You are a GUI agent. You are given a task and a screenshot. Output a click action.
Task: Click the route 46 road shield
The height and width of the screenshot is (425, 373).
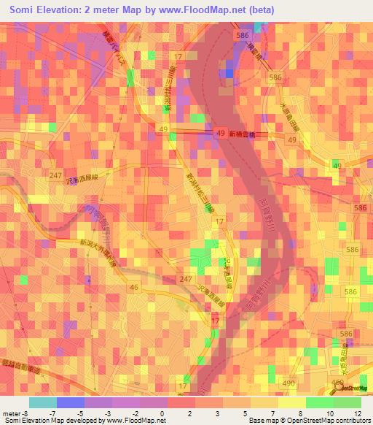click(134, 288)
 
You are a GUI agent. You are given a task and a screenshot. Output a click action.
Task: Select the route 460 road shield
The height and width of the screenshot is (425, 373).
click(337, 382)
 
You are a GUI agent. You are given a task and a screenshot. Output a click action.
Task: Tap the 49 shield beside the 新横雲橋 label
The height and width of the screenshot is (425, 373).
click(221, 132)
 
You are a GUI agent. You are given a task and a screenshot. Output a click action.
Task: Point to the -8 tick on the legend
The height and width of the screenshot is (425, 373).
click(26, 413)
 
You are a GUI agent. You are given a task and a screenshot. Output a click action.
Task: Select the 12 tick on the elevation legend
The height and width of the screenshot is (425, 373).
click(357, 413)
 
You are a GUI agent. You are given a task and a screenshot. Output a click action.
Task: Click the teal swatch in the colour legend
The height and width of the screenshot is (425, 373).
click(43, 402)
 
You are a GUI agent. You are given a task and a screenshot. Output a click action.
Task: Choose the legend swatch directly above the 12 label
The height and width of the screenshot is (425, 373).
click(348, 402)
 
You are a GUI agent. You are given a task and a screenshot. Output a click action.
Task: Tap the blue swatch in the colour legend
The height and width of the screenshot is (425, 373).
click(71, 402)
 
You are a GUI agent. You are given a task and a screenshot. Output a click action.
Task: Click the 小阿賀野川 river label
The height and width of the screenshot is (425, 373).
click(100, 226)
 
